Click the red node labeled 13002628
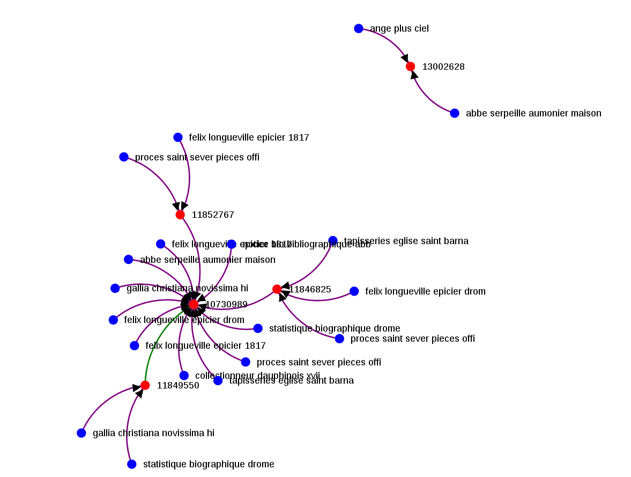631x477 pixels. [x=410, y=67]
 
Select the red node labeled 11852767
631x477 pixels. [x=180, y=215]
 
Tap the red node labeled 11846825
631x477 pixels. [x=277, y=289]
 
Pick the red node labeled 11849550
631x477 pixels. [x=145, y=385]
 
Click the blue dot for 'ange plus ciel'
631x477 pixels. [x=359, y=28]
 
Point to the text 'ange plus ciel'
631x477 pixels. [x=399, y=28]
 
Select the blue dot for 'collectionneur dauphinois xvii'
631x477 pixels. [x=184, y=376]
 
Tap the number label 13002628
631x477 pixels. [x=443, y=67]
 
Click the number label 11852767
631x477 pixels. [x=213, y=215]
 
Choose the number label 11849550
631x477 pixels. [x=178, y=385]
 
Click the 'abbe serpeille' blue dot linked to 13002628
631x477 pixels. [x=455, y=113]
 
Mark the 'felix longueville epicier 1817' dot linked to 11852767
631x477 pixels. [x=178, y=137]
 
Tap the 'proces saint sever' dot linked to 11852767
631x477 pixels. [x=124, y=157]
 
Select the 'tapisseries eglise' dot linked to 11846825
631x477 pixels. [x=333, y=240]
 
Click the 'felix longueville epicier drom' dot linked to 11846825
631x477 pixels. [x=354, y=291]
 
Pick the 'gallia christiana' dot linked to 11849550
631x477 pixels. [x=81, y=433]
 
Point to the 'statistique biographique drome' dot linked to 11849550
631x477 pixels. [x=132, y=464]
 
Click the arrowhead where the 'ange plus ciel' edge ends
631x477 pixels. [x=405, y=58]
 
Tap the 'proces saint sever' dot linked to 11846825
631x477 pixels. [x=339, y=339]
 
